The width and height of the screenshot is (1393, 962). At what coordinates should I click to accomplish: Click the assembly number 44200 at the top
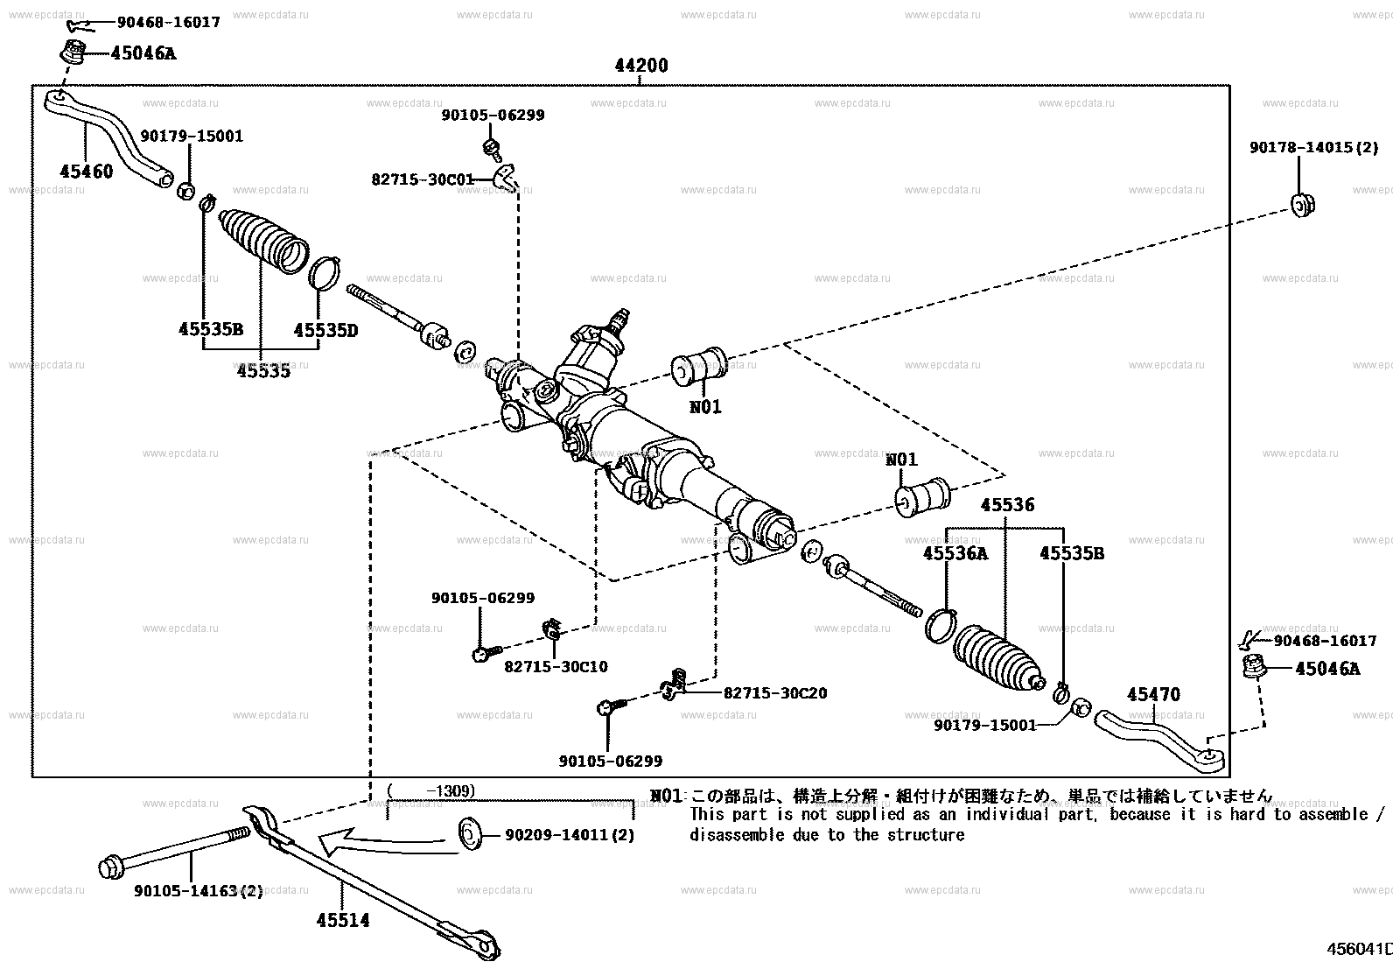[x=640, y=66]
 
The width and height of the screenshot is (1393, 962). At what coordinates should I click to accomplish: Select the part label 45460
[x=86, y=172]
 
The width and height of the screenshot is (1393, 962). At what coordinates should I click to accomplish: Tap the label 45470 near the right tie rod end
[x=1152, y=694]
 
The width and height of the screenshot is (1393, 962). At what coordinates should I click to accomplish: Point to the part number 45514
[x=342, y=921]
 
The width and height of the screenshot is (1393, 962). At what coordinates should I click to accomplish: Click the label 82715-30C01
[x=422, y=179]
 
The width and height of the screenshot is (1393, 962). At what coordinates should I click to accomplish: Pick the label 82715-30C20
[x=774, y=692]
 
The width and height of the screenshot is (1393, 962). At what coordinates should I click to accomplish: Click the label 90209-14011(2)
[x=569, y=835]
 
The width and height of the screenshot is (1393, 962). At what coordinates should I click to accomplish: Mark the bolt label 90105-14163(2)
[x=198, y=891]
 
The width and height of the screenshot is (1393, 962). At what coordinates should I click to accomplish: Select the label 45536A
[x=955, y=553]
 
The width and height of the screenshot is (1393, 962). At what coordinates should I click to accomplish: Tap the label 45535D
[x=325, y=330]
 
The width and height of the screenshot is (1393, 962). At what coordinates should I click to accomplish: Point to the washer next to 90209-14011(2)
[x=471, y=834]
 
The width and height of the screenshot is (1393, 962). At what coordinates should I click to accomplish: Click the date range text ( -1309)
[x=430, y=791]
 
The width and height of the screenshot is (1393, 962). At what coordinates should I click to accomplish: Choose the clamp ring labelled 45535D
[x=325, y=272]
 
